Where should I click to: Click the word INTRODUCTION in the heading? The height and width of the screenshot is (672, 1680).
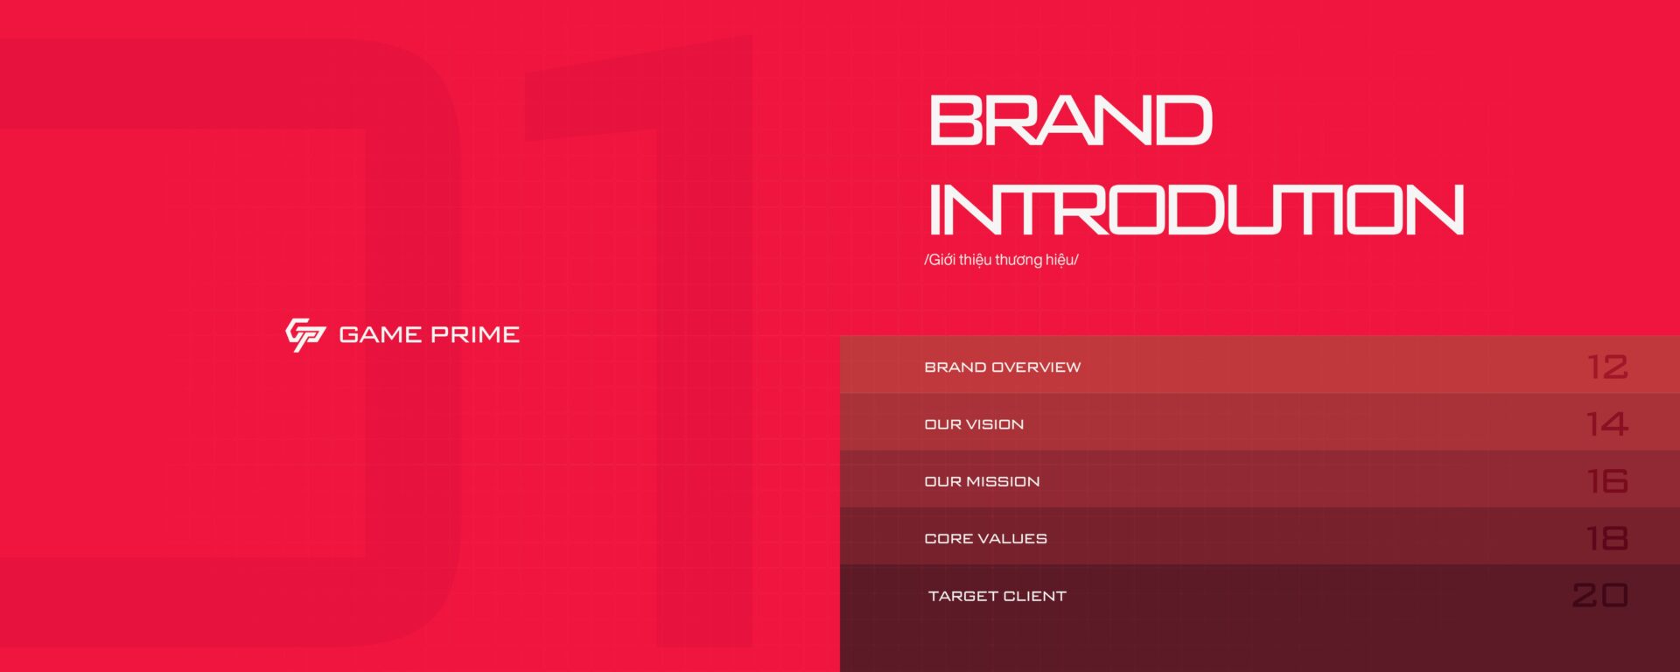coord(1196,209)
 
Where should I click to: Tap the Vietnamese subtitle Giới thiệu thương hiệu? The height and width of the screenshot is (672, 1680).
coord(1001,260)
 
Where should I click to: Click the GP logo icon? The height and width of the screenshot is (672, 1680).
coord(305,334)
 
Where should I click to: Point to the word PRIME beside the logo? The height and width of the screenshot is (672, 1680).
coord(475,334)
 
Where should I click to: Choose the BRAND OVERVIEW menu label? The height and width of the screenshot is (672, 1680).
coord(1003,367)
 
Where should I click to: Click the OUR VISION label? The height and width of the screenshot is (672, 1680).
coord(974,424)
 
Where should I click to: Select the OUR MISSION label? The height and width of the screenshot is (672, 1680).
coord(982,481)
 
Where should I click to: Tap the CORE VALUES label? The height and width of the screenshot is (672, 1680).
coord(985,539)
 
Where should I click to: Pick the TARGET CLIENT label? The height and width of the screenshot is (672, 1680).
coord(997,596)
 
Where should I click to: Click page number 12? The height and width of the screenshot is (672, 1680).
coord(1607,367)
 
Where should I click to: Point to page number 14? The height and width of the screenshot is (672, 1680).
coord(1606,423)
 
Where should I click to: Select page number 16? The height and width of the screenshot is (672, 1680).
coord(1607,481)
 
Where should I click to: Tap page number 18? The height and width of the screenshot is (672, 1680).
coord(1607,538)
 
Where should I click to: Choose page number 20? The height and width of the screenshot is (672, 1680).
coord(1600,595)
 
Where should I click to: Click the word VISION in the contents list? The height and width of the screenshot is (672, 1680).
coord(995,424)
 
